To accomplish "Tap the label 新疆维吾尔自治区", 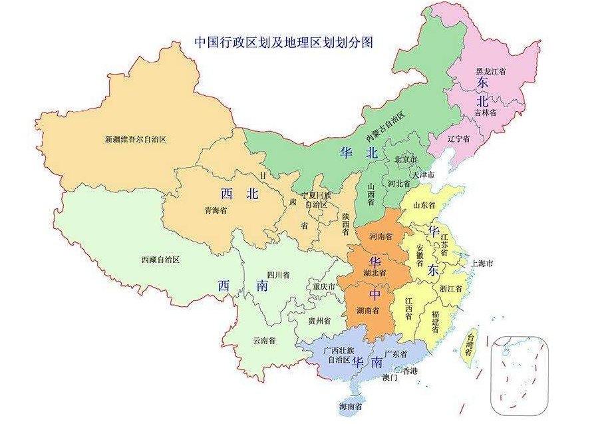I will (135, 140).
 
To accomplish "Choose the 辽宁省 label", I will (458, 139).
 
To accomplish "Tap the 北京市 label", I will (406, 160).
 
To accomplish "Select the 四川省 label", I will (278, 274).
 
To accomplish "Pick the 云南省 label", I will (264, 340).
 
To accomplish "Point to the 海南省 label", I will (350, 406).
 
